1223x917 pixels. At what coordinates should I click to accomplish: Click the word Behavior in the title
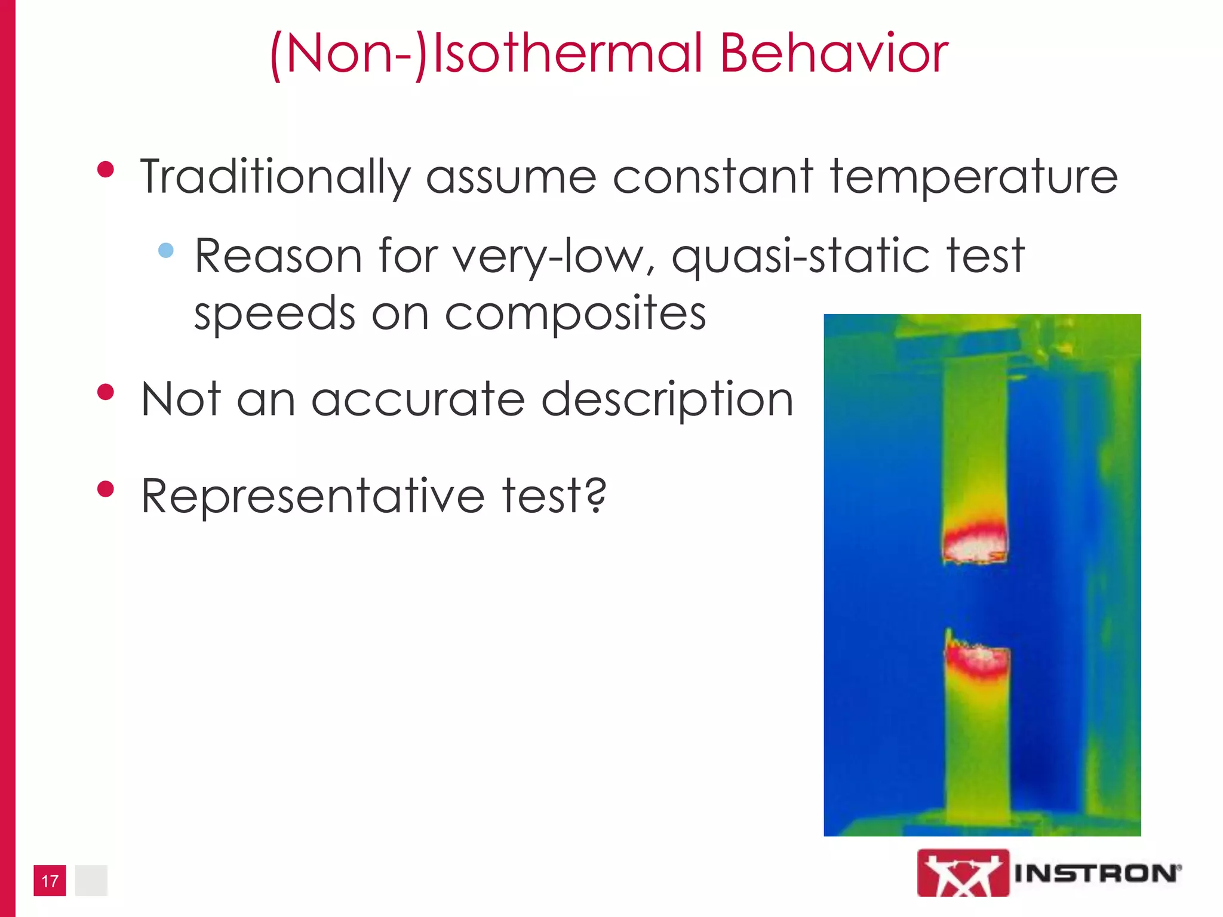pos(834,54)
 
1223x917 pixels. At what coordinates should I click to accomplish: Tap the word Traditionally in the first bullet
pos(275,177)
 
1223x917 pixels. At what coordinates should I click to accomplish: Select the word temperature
pos(973,177)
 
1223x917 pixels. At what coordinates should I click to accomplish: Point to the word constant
pos(712,177)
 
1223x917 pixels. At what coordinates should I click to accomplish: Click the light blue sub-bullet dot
pos(166,250)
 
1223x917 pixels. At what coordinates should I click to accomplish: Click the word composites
pos(575,313)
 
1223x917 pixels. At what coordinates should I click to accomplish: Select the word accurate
pos(418,399)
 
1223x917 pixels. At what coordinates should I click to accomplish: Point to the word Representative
pos(312,496)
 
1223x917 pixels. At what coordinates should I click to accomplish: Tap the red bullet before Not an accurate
pos(106,392)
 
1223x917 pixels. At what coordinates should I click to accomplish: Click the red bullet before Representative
pos(106,489)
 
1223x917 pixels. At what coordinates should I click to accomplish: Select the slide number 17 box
pos(50,881)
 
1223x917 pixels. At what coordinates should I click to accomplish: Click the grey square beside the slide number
pos(91,881)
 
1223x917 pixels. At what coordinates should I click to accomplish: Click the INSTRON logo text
pos(1096,873)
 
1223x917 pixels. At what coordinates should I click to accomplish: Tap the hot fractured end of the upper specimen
pos(975,545)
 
